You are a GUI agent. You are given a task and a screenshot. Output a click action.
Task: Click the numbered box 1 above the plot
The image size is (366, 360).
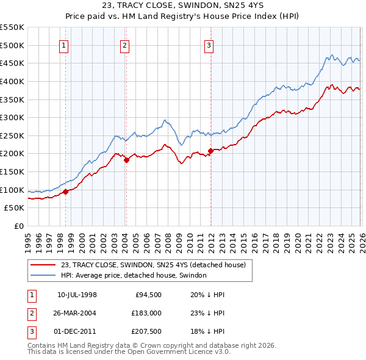(64, 45)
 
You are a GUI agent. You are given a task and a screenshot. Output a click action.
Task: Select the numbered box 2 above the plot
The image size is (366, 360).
(124, 45)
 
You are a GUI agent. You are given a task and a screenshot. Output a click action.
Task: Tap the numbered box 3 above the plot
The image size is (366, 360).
(209, 45)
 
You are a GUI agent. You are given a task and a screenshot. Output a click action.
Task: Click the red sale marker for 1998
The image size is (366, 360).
(65, 192)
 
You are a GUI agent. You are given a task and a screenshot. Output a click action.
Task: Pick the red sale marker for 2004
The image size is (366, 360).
(126, 160)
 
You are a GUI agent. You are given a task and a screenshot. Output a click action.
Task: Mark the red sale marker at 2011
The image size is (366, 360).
(210, 151)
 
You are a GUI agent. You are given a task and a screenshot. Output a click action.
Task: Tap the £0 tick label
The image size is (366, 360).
(18, 226)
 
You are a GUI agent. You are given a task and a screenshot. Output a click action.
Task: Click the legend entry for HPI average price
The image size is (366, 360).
(134, 275)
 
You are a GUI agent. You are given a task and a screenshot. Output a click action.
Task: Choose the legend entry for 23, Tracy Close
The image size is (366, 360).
(152, 265)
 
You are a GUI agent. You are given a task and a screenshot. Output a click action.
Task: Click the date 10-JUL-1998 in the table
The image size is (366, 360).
(77, 295)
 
